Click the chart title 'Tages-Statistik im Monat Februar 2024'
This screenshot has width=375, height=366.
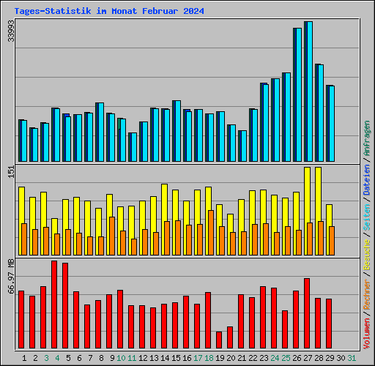coord(109,12)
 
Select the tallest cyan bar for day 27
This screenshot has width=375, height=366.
coord(309,91)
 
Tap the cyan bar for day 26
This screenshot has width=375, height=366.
coord(298,95)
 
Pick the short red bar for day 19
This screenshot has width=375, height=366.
coord(219,340)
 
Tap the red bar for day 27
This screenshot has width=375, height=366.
coord(307,313)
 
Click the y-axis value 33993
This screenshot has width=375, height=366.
coord(11,30)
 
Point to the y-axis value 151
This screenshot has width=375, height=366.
coord(11,171)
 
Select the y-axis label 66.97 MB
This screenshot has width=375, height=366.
coord(11,276)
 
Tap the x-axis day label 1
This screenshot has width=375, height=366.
coord(24,358)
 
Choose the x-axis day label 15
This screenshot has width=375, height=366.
coord(177,358)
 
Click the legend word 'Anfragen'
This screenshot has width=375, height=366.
coord(367,139)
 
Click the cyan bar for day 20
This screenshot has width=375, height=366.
coord(232,143)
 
